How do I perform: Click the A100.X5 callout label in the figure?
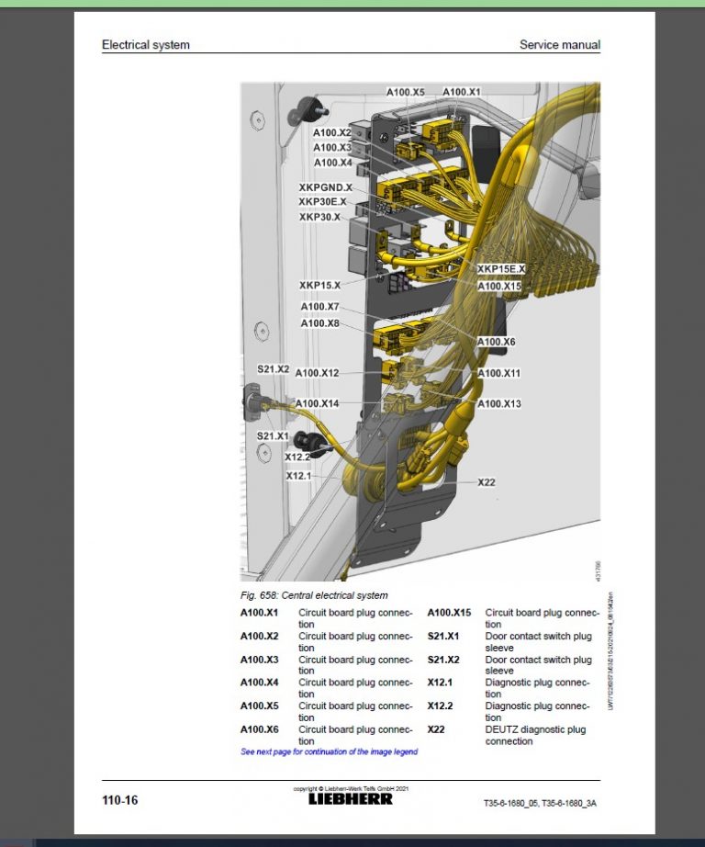[405, 92]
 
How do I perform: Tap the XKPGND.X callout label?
[325, 187]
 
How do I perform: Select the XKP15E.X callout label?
[501, 268]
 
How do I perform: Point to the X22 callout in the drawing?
[487, 481]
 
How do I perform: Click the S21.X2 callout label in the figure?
[273, 368]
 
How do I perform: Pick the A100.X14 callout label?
[317, 403]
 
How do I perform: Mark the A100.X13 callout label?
[499, 403]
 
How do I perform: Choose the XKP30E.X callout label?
[322, 202]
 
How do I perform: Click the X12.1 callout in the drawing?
[298, 476]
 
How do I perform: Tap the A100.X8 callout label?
[319, 323]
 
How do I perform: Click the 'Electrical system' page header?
[146, 44]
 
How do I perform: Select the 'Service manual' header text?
[560, 44]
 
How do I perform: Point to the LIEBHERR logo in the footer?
[351, 799]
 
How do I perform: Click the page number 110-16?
[119, 800]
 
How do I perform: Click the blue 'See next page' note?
[329, 751]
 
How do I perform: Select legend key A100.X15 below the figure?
[449, 613]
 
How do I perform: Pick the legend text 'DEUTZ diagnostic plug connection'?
[535, 735]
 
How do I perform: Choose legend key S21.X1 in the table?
[443, 636]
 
